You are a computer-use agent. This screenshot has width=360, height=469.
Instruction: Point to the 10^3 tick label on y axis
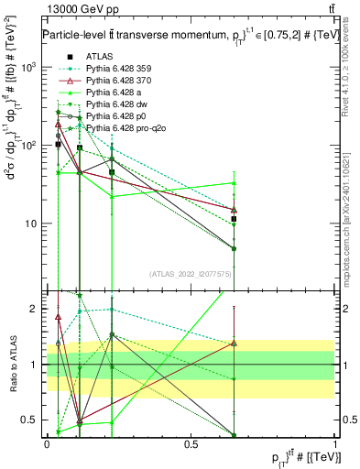click(30, 68)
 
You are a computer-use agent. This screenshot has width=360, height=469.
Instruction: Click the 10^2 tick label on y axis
click(30, 146)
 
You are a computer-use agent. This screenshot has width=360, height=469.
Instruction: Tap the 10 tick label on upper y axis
click(32, 224)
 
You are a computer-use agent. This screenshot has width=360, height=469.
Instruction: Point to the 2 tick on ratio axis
click(37, 309)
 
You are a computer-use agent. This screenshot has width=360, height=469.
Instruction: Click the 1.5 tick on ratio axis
click(34, 336)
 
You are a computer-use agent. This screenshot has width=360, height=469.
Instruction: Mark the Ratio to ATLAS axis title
click(12, 365)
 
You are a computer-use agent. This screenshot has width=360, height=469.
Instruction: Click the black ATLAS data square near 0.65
click(235, 219)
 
